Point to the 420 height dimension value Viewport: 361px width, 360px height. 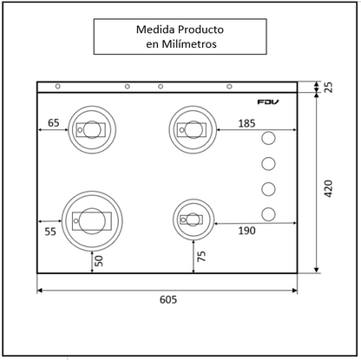(x=327, y=187)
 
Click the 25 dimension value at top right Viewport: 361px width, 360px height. (x=327, y=88)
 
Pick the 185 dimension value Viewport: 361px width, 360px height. (x=246, y=124)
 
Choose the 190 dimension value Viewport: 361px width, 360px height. (x=246, y=230)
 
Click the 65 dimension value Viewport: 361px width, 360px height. (x=53, y=124)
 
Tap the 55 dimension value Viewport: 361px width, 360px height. (x=50, y=232)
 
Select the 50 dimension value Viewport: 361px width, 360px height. (x=100, y=259)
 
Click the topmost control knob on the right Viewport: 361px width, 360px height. (x=269, y=139)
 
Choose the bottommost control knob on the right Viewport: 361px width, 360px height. (x=269, y=214)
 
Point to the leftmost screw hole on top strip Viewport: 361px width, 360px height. (x=57, y=86)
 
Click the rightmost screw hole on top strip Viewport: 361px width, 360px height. (x=229, y=86)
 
